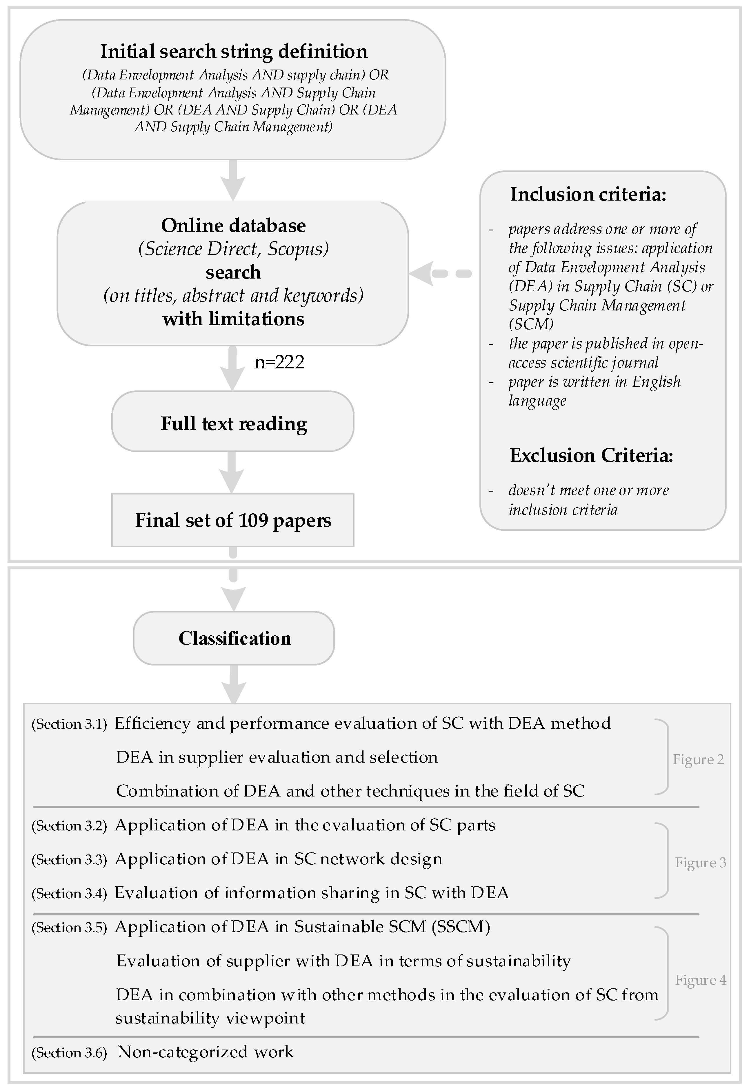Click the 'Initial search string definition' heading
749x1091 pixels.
pos(233,51)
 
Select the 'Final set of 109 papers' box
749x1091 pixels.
pos(233,520)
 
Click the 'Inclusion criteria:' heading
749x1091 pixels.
pos(588,194)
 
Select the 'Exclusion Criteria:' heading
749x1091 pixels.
pos(591,455)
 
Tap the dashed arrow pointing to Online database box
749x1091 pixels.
pos(441,273)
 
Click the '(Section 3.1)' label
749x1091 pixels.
pos(69,724)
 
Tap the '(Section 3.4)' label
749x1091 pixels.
pos(69,893)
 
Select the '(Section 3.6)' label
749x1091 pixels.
pos(69,1053)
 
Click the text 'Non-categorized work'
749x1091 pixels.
pos(205,1052)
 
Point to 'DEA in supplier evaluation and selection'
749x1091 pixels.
pos(277,757)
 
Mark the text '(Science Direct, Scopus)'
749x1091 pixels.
pos(233,249)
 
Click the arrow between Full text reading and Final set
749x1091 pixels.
pos(232,472)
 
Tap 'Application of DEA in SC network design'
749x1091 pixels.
pos(279,859)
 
